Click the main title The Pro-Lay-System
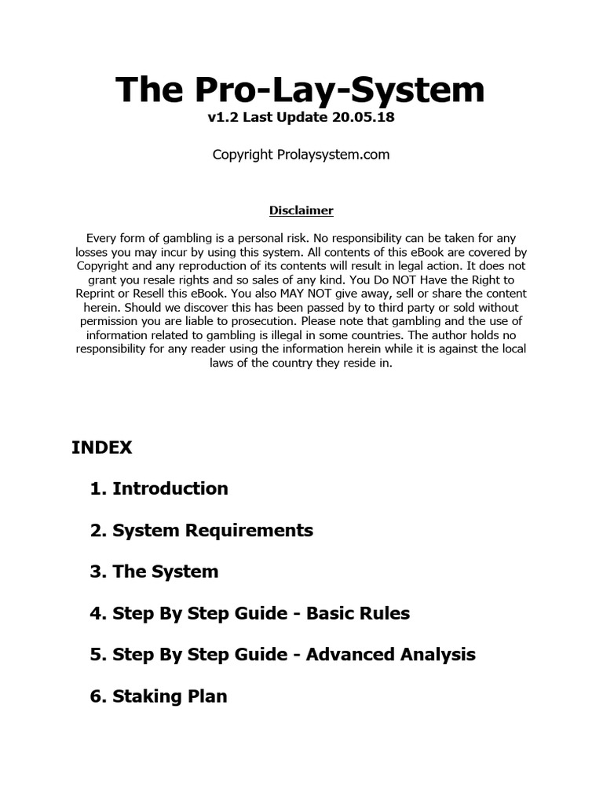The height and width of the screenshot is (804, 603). [x=301, y=90]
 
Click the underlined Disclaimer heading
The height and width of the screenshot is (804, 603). [x=301, y=210]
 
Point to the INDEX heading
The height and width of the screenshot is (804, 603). [x=102, y=448]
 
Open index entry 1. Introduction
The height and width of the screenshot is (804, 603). [x=159, y=488]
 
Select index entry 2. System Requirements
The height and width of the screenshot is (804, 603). [x=201, y=530]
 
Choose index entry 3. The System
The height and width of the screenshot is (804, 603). [x=154, y=572]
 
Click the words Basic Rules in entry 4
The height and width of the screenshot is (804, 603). [x=358, y=613]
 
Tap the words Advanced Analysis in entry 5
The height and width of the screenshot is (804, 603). [x=390, y=654]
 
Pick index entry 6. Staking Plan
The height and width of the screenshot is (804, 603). [x=159, y=696]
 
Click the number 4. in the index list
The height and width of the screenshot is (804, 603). [x=98, y=613]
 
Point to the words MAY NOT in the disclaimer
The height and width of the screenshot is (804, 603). [x=293, y=294]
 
